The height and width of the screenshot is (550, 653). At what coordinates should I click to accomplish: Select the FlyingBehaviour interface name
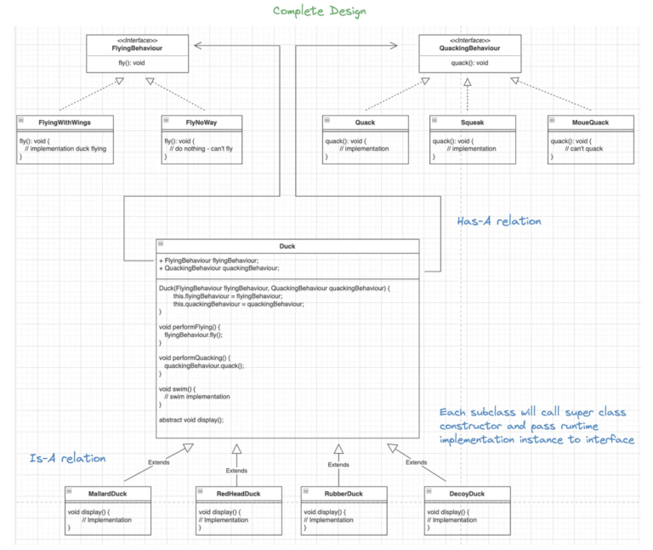pyautogui.click(x=136, y=49)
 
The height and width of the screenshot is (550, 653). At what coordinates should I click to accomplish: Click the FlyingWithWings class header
pyautogui.click(x=65, y=122)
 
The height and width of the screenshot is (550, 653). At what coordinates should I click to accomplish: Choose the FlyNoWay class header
pyautogui.click(x=202, y=122)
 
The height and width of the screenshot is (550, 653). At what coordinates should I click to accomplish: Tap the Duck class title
pyautogui.click(x=287, y=246)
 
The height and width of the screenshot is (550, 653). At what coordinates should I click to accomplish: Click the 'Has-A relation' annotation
pyautogui.click(x=499, y=221)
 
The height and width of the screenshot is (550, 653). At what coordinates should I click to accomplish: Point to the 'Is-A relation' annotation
pyautogui.click(x=67, y=458)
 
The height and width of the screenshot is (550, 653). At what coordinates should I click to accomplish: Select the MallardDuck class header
pyautogui.click(x=108, y=493)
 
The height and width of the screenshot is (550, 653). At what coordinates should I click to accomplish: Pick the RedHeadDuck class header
pyautogui.click(x=239, y=493)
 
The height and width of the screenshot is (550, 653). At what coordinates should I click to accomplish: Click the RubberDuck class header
pyautogui.click(x=344, y=493)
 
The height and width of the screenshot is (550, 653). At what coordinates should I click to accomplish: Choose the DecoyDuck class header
pyautogui.click(x=467, y=493)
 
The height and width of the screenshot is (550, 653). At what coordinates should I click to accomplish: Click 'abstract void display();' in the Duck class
pyautogui.click(x=196, y=420)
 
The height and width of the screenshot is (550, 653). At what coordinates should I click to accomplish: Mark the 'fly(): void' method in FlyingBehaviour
pyautogui.click(x=136, y=64)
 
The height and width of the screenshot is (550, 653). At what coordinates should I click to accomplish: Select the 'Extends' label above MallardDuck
pyautogui.click(x=158, y=462)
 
